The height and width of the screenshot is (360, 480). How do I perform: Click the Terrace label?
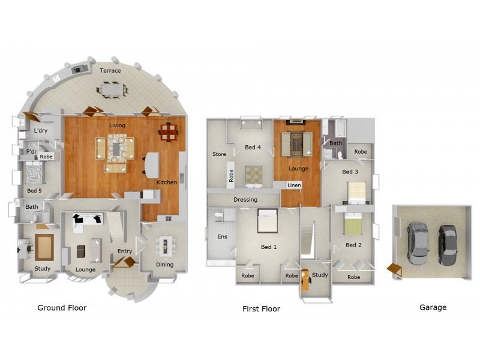110,71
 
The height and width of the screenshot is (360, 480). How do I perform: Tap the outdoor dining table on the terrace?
112,90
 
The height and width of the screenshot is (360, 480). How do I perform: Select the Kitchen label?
167,182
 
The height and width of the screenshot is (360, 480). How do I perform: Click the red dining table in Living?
169,131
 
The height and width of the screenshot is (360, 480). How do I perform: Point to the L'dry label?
41,130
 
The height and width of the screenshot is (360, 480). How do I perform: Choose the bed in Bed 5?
33,175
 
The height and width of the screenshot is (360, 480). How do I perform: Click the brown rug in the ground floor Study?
44,247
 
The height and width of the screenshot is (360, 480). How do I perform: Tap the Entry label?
125,251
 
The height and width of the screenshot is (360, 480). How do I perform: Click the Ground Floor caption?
62,308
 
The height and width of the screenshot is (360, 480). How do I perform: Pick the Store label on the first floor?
219,154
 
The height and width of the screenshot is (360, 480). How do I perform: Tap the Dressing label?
245,200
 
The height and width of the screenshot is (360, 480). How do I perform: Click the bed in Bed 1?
268,221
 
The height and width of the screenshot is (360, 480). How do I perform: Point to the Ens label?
222,237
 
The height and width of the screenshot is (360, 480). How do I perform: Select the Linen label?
293,185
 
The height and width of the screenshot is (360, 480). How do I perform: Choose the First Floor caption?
261,309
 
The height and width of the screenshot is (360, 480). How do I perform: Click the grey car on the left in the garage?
418,243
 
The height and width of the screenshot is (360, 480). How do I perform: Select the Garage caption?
433,307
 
